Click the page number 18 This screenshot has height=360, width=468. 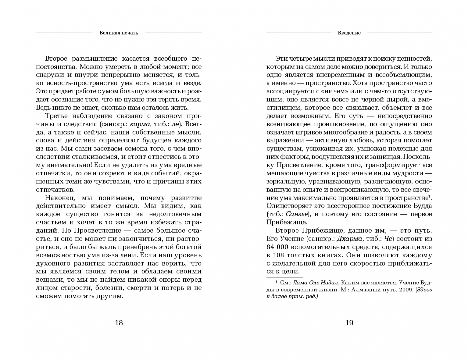pos(119,323)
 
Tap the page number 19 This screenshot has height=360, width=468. pos(349,323)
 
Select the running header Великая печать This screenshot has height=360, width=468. pos(119,33)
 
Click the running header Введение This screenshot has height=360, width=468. pos(349,33)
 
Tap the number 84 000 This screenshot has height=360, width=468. pos(279,247)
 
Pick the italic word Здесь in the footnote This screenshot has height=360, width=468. pos(424,290)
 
